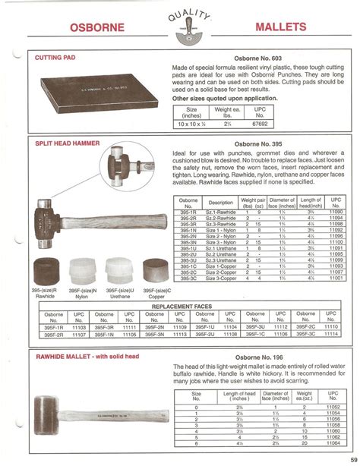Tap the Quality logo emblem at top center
179,25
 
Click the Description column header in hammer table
221,203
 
